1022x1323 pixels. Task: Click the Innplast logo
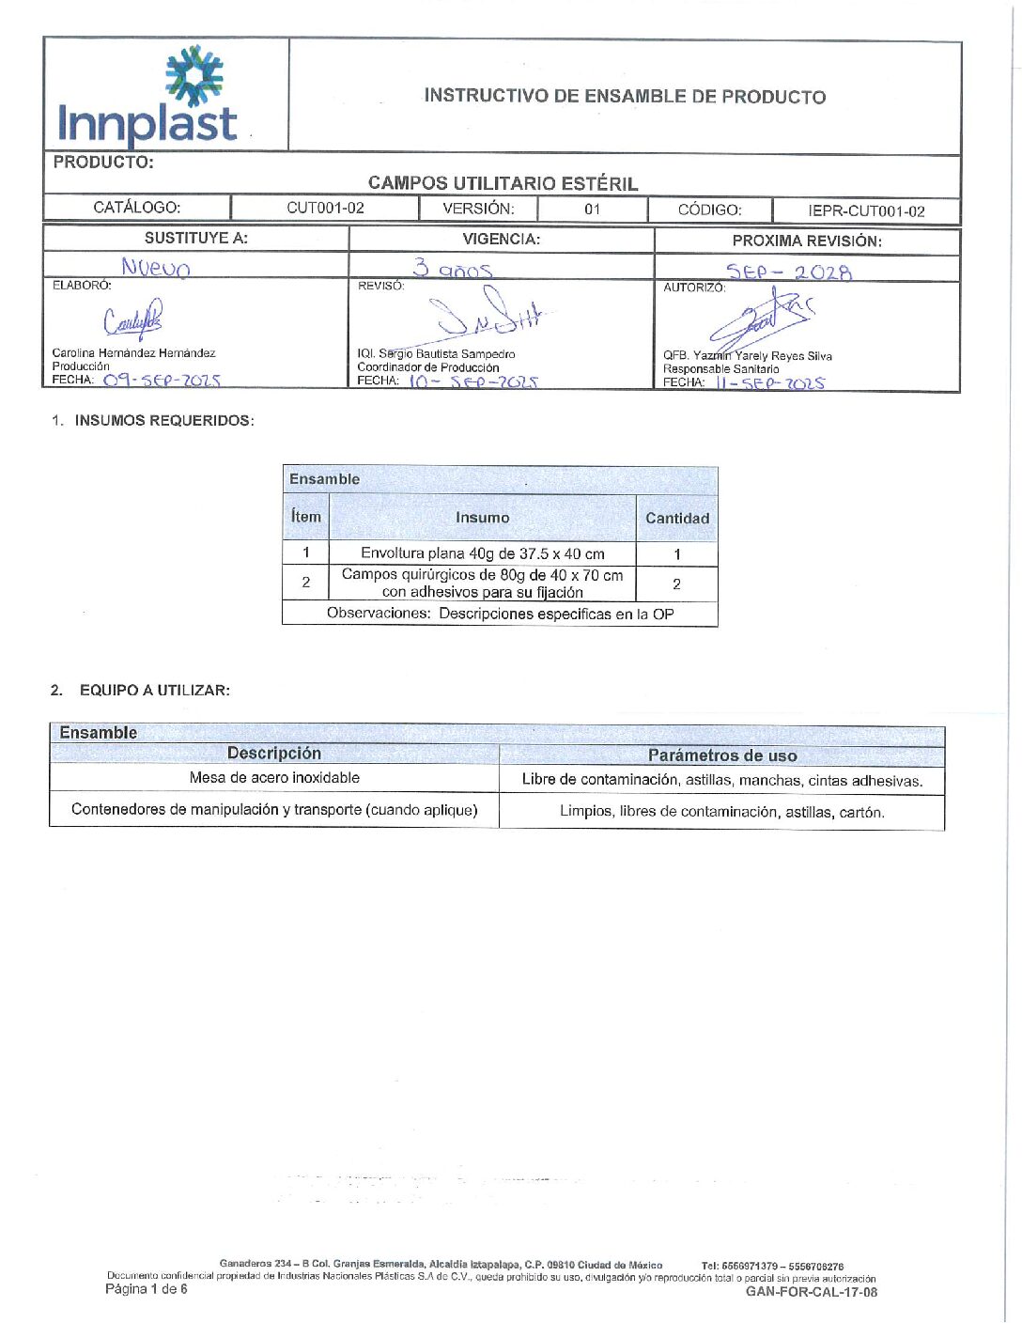[148, 98]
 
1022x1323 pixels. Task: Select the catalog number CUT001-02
[325, 208]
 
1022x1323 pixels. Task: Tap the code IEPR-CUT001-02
[866, 210]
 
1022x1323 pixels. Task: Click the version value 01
[592, 209]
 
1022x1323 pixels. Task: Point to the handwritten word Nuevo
[156, 269]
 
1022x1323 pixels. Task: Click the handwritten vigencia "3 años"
[453, 270]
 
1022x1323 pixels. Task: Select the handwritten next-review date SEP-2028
[789, 272]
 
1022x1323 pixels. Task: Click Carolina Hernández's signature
[132, 320]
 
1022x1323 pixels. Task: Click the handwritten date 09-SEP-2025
[162, 381]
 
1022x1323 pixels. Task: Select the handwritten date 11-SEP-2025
[769, 383]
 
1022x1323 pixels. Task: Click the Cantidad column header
[676, 518]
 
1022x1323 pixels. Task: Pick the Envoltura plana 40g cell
[482, 553]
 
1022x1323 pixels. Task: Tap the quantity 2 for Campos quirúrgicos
[676, 584]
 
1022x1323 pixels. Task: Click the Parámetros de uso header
[721, 755]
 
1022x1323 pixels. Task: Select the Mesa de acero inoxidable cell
[274, 778]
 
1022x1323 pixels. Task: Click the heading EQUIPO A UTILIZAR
[154, 690]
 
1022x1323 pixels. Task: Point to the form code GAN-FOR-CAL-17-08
[812, 1292]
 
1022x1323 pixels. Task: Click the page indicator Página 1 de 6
[147, 1289]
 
